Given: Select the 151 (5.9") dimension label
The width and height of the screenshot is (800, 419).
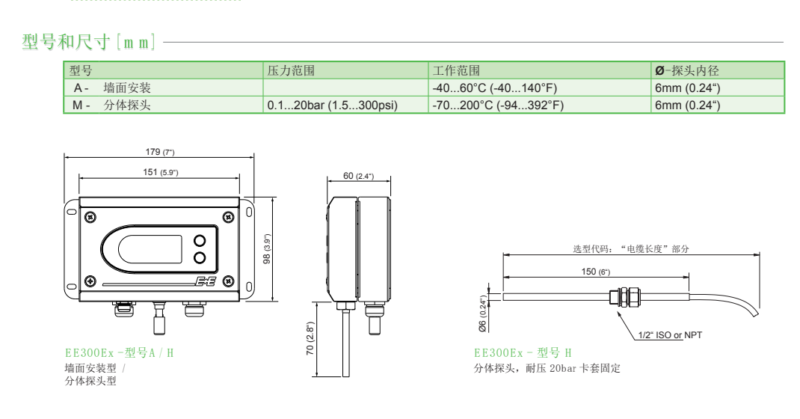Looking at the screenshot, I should click(160, 172).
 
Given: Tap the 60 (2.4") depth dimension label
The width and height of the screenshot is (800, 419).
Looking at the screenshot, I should click(358, 175).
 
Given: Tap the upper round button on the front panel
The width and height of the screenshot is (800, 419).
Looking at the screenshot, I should click(200, 240).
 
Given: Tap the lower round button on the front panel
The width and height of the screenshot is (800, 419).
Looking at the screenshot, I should click(200, 258).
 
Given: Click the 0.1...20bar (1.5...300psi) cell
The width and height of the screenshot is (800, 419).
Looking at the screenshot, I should click(332, 105).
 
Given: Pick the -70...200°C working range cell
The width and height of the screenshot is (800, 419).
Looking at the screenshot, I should click(498, 105).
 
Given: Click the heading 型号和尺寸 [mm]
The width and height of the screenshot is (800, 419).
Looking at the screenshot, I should click(89, 42).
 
